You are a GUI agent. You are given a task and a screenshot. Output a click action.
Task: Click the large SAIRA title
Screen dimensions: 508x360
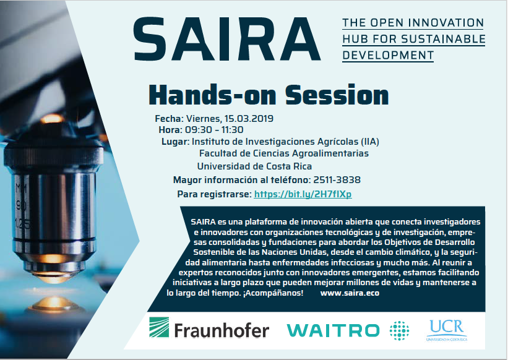226,39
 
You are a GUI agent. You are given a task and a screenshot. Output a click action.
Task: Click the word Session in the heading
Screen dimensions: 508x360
337,95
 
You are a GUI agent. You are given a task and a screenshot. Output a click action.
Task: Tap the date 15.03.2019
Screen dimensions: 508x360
249,119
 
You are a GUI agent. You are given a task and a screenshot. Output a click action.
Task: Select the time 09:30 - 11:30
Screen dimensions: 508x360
214,130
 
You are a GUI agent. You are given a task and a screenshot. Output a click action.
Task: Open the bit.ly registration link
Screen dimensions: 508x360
303,194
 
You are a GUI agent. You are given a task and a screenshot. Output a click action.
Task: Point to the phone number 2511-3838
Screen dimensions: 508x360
337,179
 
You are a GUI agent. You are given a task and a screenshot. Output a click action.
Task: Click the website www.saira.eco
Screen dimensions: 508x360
350,293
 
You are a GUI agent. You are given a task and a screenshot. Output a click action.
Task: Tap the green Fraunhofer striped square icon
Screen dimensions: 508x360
159,327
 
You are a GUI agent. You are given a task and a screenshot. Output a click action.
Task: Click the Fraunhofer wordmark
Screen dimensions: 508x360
222,330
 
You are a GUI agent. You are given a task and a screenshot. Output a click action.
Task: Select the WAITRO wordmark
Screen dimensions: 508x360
333,330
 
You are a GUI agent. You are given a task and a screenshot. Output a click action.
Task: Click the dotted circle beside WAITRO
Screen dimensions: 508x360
399,330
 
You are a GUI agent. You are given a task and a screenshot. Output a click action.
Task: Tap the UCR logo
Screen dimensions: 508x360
447,330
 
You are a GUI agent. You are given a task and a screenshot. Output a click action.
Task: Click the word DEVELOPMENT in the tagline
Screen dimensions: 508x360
388,55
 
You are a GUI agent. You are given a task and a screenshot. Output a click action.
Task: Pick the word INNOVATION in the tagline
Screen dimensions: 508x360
446,23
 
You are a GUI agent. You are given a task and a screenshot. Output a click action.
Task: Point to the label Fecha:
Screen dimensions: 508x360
170,119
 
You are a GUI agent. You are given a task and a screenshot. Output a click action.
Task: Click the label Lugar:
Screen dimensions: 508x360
175,142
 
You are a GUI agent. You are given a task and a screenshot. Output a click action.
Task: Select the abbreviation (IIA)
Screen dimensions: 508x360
369,142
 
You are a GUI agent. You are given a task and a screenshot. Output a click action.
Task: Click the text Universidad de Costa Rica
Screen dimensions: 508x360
255,166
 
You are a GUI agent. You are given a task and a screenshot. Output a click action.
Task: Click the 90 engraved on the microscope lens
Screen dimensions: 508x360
22,205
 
